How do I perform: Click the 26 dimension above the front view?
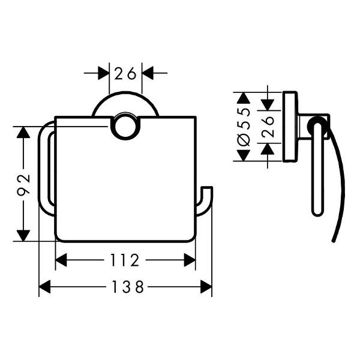[x=125, y=73]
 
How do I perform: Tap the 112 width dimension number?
[x=125, y=260]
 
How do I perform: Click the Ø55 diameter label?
[x=243, y=127]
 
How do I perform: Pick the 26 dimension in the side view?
[x=268, y=127]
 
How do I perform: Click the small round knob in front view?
[x=125, y=127]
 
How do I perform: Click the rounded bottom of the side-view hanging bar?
[x=317, y=211]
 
